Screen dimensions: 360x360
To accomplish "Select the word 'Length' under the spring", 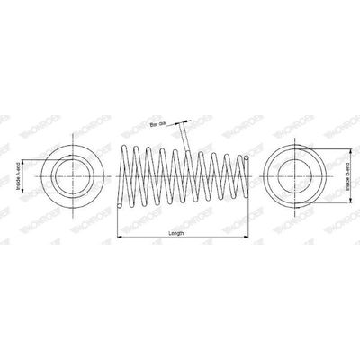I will pos(176,232).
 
